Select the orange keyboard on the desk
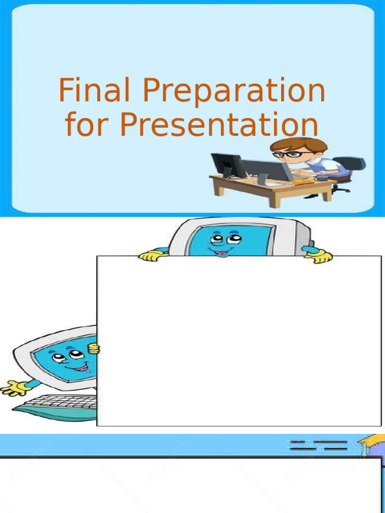click(302, 181)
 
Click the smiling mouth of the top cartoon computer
click(221, 252)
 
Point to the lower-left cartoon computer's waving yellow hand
click(16, 388)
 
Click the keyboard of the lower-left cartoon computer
click(60, 402)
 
